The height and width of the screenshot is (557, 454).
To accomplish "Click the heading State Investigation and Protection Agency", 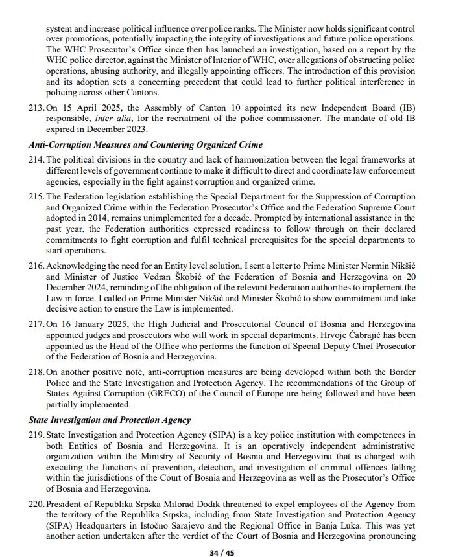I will [110, 420].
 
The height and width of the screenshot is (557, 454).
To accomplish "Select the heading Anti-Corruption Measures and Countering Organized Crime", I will [145, 144].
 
